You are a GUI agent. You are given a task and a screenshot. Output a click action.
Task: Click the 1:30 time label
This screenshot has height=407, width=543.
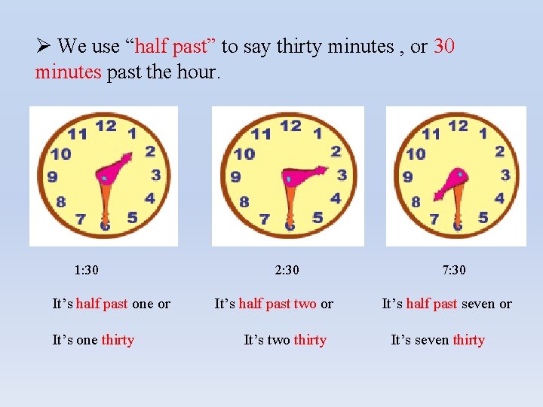pos(87,270)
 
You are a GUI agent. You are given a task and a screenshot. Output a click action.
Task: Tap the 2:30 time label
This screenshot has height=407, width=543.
pos(287,270)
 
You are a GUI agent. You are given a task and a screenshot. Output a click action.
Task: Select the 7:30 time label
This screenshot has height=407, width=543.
pos(454,270)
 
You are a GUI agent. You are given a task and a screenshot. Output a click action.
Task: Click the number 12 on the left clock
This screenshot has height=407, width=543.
pos(106,126)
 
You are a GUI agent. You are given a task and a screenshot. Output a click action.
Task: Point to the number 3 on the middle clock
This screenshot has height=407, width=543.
pos(342,175)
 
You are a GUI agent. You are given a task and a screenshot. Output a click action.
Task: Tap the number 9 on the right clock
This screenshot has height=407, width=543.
pos(407,177)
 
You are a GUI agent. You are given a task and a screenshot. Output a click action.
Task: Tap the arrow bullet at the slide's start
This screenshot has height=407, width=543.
pos(43,47)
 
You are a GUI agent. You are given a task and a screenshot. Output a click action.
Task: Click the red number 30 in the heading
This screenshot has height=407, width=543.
pos(444,47)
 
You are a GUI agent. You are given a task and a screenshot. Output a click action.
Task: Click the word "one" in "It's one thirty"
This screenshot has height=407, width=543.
pos(87,340)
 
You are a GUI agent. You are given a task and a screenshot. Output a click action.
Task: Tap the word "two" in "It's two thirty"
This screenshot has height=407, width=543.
pos(278,340)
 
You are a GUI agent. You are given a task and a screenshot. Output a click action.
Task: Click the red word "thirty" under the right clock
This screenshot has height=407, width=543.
pos(469,340)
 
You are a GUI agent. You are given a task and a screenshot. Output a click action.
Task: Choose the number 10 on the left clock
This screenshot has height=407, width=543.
pos(61,154)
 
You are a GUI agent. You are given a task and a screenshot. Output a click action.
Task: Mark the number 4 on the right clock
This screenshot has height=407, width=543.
pos(499,199)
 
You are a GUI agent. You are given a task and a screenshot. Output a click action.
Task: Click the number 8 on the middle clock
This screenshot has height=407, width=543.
pos(244,202)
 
